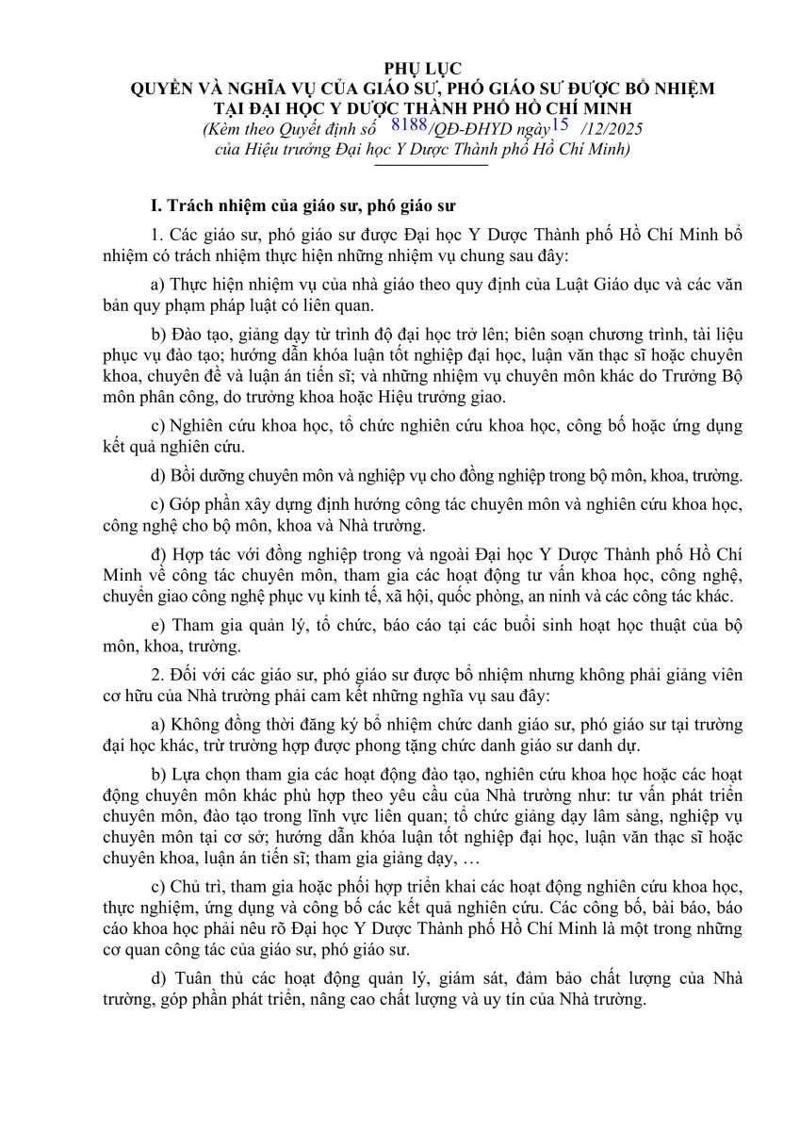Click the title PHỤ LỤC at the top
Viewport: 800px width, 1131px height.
[x=422, y=69]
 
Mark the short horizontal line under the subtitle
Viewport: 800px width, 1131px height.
[x=431, y=165]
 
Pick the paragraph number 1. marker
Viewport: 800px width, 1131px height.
[x=157, y=235]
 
